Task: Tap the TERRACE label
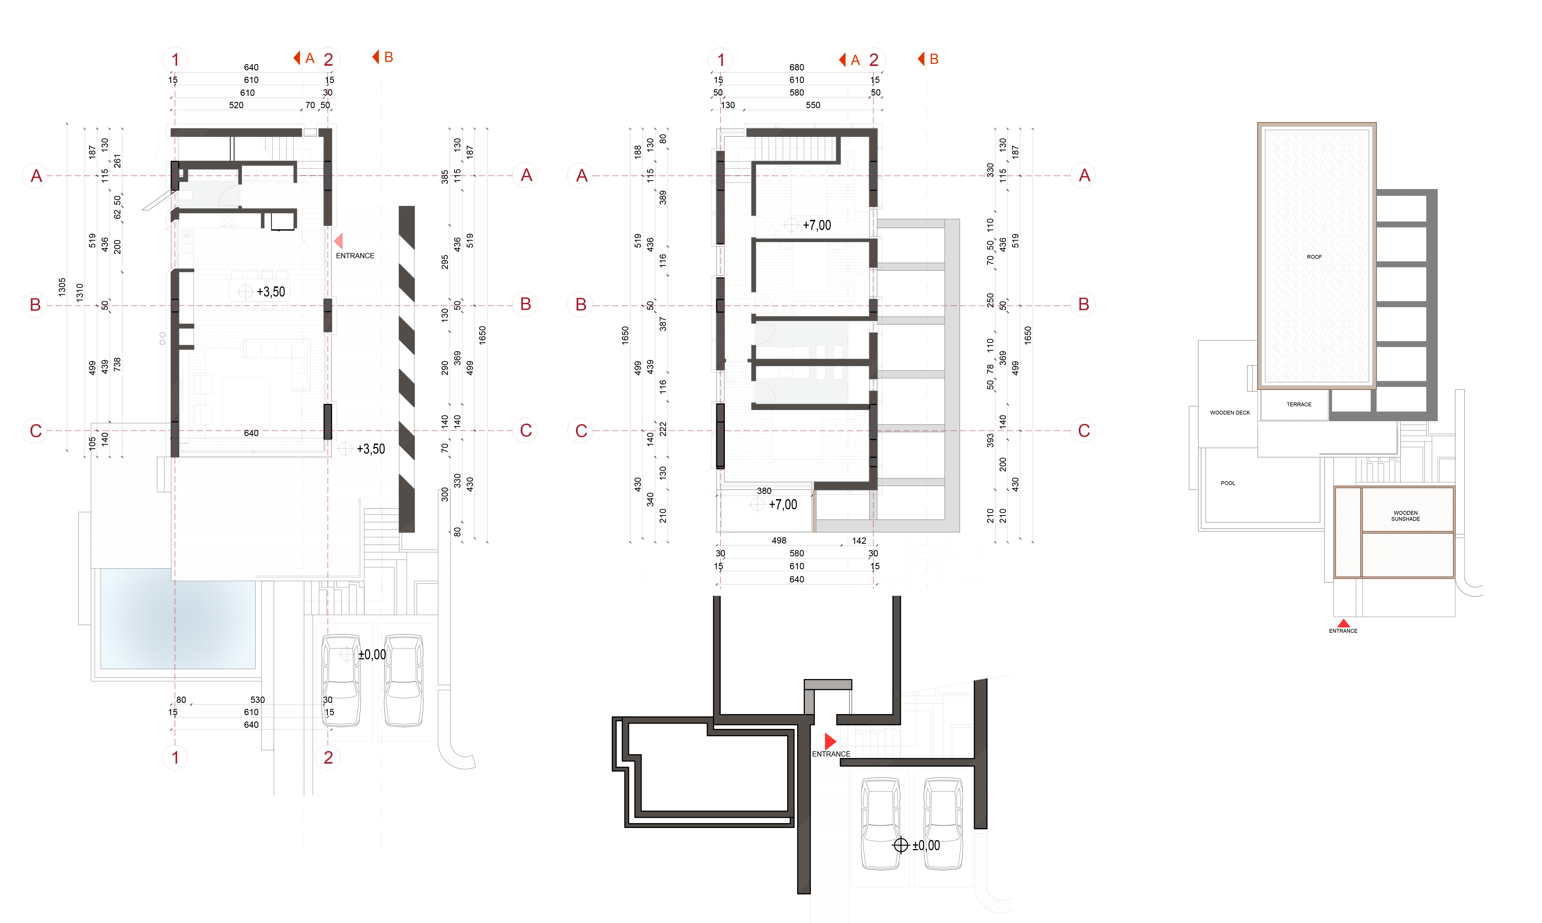(1299, 404)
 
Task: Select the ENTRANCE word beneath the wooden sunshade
(1343, 631)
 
